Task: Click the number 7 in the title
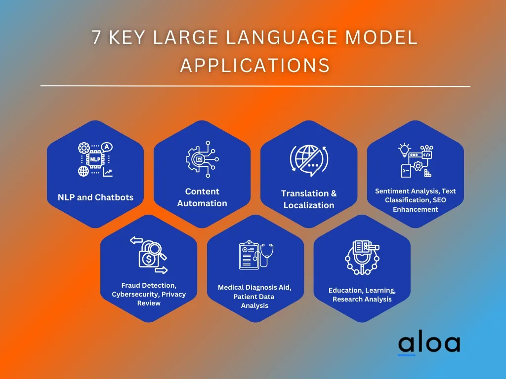point(96,37)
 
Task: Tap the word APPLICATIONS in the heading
point(255,66)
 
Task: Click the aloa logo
point(429,344)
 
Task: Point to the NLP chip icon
point(95,159)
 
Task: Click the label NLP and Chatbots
point(95,197)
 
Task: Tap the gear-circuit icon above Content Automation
point(202,159)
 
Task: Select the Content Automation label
point(202,197)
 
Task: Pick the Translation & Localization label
point(309,199)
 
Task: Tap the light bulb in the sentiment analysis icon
point(404,150)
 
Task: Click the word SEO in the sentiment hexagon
point(439,200)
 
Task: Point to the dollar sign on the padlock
point(148,259)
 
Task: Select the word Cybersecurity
point(135,294)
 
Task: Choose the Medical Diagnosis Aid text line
point(254,288)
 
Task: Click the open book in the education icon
point(363,247)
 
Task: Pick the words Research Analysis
point(362,299)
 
